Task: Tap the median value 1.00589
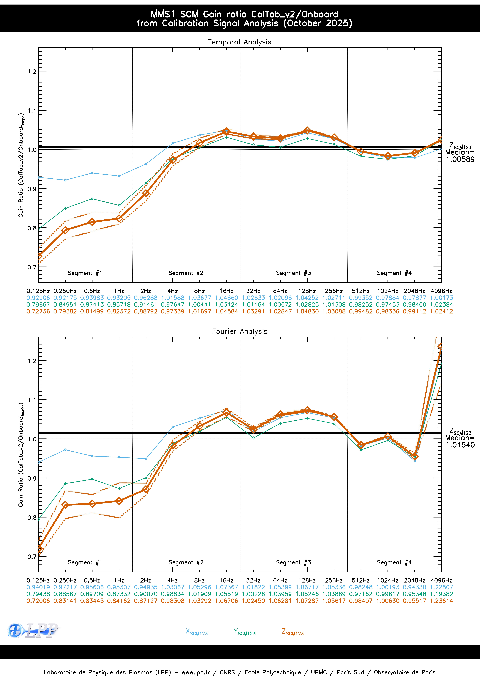(x=460, y=159)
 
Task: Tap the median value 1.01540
(x=460, y=445)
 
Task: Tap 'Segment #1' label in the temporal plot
(x=85, y=273)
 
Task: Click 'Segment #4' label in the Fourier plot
(x=394, y=562)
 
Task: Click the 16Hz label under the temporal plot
(x=226, y=291)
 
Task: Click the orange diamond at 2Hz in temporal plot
(x=146, y=193)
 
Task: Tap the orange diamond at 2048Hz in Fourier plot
(x=415, y=456)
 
